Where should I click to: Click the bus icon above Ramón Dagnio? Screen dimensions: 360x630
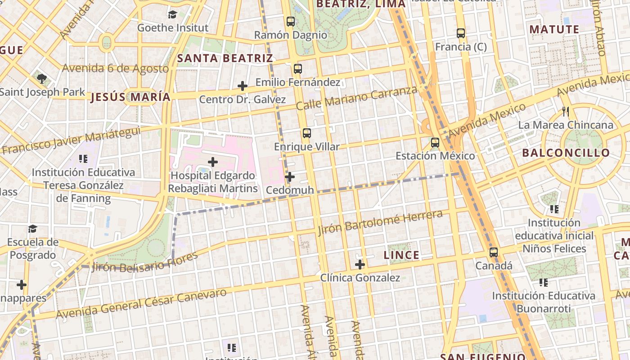tap(291, 21)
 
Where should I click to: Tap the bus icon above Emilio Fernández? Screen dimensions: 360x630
tap(297, 69)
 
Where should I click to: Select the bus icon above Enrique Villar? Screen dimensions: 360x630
tap(307, 133)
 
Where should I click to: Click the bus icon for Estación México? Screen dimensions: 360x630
tap(435, 143)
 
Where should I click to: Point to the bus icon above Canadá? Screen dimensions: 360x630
tap(494, 252)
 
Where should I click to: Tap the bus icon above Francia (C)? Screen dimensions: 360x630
tap(460, 33)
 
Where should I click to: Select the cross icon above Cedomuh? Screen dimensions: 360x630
tap(290, 177)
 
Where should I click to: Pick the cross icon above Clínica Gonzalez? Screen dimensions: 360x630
tap(360, 265)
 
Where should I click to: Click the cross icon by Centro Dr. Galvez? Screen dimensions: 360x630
tap(243, 85)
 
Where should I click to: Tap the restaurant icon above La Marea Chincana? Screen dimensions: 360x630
tap(566, 111)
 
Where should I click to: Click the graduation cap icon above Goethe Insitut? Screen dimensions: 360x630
tap(172, 14)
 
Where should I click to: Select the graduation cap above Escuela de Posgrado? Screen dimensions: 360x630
tap(32, 229)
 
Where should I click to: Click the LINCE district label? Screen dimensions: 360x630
tap(401, 255)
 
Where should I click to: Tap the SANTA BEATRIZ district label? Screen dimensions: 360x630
tap(225, 58)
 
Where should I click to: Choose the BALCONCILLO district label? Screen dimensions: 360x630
tap(566, 153)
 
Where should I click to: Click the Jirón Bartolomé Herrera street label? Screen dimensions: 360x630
tap(380, 222)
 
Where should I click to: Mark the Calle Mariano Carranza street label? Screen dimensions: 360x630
tap(356, 98)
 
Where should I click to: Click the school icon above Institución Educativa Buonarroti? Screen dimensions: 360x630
tap(543, 283)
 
